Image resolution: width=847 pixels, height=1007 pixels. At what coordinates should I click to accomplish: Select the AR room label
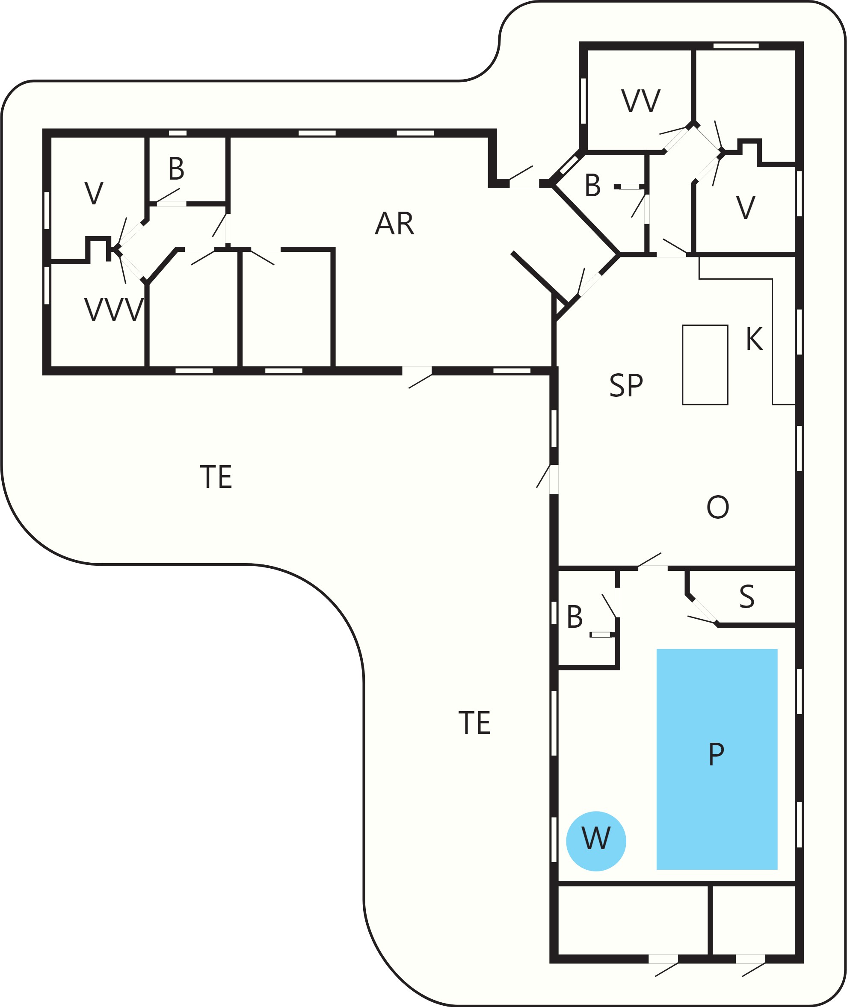(394, 223)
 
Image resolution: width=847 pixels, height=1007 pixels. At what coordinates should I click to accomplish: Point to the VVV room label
(114, 310)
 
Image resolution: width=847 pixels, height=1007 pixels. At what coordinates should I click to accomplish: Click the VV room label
(640, 101)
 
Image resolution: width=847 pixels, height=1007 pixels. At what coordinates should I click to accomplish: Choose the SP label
(626, 385)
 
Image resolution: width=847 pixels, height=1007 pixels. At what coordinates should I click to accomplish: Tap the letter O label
(718, 507)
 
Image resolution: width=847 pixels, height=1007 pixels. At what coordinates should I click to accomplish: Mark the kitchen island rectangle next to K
(705, 365)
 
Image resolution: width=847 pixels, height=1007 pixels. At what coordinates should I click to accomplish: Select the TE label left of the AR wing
(216, 477)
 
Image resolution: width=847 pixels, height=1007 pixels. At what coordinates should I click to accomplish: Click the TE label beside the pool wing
(474, 722)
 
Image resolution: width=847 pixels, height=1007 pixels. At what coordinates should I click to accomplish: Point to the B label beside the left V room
(176, 168)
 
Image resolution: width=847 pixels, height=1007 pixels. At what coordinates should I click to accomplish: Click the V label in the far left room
(94, 193)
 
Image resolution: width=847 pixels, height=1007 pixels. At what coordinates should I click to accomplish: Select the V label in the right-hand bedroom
(745, 208)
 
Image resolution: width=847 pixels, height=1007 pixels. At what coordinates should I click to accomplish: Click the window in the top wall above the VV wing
(736, 46)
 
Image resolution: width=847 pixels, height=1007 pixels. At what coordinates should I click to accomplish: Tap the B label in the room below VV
(592, 185)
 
